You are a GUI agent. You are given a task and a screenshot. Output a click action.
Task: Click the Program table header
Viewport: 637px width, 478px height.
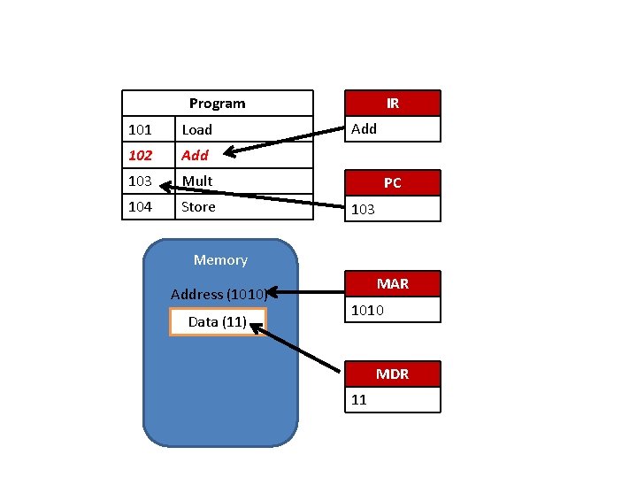(x=217, y=104)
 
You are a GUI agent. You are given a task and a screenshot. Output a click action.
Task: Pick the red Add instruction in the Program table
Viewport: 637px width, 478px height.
(x=195, y=156)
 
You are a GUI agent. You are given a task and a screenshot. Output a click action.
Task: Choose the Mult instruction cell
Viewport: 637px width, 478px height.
(x=197, y=181)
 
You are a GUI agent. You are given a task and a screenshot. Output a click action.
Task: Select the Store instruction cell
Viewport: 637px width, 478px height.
(x=198, y=207)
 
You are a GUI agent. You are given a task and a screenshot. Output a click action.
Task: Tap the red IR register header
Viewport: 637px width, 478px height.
(x=392, y=104)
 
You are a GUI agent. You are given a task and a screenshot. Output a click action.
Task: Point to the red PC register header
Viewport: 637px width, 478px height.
(x=392, y=183)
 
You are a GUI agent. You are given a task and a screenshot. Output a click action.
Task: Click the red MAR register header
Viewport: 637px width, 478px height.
(x=392, y=284)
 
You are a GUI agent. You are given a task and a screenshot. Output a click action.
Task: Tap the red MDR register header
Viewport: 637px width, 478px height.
(x=392, y=374)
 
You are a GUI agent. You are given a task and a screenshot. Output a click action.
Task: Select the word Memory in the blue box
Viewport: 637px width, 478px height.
(x=220, y=260)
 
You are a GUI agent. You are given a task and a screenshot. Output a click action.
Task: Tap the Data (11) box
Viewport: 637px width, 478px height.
(x=218, y=322)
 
